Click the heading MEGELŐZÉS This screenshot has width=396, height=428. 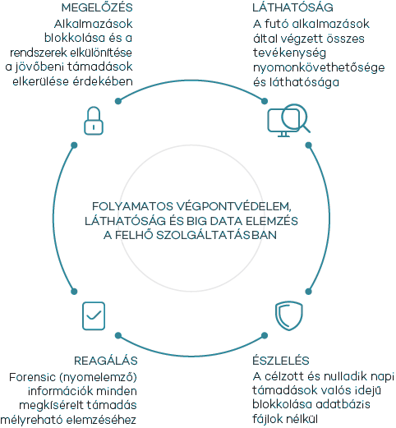97,7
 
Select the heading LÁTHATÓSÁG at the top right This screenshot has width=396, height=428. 292,7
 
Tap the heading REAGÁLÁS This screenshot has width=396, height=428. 106,361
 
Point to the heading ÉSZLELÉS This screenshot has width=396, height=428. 281,360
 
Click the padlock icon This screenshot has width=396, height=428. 94,121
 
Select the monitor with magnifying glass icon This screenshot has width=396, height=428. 288,120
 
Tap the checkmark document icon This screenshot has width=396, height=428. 94,315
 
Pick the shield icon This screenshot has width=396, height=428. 289,315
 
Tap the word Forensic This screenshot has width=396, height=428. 32,377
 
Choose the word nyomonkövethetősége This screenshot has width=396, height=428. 319,67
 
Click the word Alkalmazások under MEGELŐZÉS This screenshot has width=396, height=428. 94,24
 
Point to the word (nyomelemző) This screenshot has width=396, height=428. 98,377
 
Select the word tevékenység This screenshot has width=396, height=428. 289,53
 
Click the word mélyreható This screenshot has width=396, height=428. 31,420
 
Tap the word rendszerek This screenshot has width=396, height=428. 39,53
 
